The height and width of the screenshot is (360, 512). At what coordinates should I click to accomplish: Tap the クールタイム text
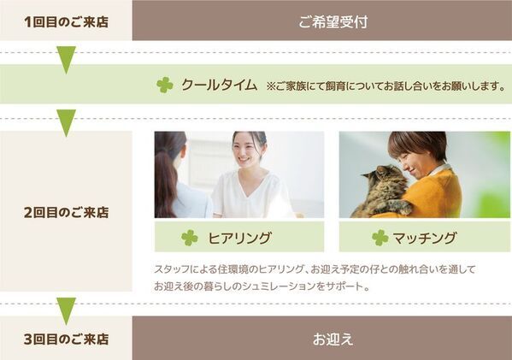(x=219, y=85)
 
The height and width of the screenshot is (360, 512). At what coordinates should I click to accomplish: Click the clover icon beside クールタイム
(x=164, y=85)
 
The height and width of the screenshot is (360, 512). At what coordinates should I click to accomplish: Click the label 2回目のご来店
(x=66, y=211)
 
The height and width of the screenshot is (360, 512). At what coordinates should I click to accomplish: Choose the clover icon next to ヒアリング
(x=189, y=238)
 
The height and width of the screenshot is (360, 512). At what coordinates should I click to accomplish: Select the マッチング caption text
(x=426, y=238)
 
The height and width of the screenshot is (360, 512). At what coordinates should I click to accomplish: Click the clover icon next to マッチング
(x=380, y=238)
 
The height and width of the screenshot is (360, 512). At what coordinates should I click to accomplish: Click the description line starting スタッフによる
(x=315, y=269)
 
